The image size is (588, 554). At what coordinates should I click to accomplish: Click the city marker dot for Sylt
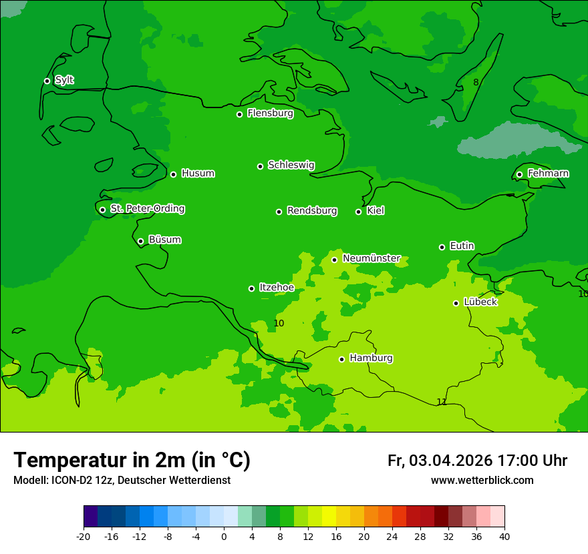47,81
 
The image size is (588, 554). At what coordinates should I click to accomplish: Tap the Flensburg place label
270,113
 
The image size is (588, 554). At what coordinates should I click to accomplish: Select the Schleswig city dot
261,166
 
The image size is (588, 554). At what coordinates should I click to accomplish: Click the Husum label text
198,174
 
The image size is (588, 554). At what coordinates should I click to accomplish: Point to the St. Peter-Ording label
147,209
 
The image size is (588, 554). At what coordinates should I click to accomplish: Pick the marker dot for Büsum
140,242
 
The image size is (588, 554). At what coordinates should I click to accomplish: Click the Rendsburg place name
311,211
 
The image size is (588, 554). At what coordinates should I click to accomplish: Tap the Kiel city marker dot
358,212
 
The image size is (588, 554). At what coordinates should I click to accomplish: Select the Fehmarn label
548,174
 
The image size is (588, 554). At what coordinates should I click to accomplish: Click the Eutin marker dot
442,247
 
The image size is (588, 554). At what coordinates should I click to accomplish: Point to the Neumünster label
371,258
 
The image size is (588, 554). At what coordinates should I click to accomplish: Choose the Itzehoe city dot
251,288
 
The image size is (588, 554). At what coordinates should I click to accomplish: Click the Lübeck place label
480,302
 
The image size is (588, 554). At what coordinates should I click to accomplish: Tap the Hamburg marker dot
341,359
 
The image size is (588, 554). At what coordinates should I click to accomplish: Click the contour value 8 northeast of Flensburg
476,82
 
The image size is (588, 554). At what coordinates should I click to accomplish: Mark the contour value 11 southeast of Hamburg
442,402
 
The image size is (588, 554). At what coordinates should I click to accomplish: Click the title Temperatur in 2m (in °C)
132,460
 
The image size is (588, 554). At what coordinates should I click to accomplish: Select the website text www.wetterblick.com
482,480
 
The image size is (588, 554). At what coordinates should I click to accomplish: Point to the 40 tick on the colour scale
504,536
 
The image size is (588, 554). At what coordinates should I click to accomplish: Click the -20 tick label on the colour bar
84,536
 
